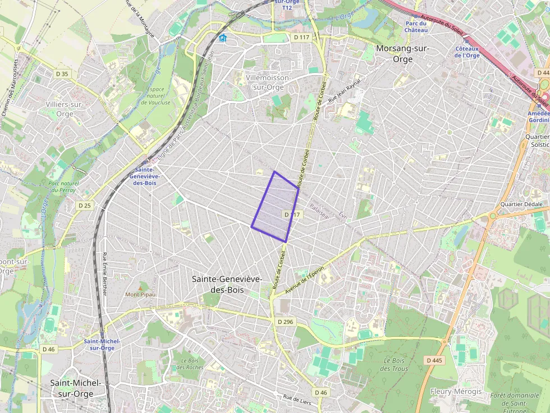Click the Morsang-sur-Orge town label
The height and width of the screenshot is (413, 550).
402,54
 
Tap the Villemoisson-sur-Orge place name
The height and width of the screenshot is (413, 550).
268,82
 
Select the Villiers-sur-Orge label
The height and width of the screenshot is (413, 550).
65,109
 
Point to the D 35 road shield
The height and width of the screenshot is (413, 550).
62,74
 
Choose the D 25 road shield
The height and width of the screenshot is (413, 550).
84,206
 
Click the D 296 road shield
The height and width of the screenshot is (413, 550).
286,322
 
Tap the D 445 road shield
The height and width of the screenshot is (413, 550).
434,360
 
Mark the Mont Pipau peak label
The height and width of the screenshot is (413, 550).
140,294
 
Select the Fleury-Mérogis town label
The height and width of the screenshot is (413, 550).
456,391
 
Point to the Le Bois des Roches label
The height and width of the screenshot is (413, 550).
189,364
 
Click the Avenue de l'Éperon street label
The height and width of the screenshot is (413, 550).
305,282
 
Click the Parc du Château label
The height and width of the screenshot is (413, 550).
416,26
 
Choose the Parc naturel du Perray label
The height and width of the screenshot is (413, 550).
62,187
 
